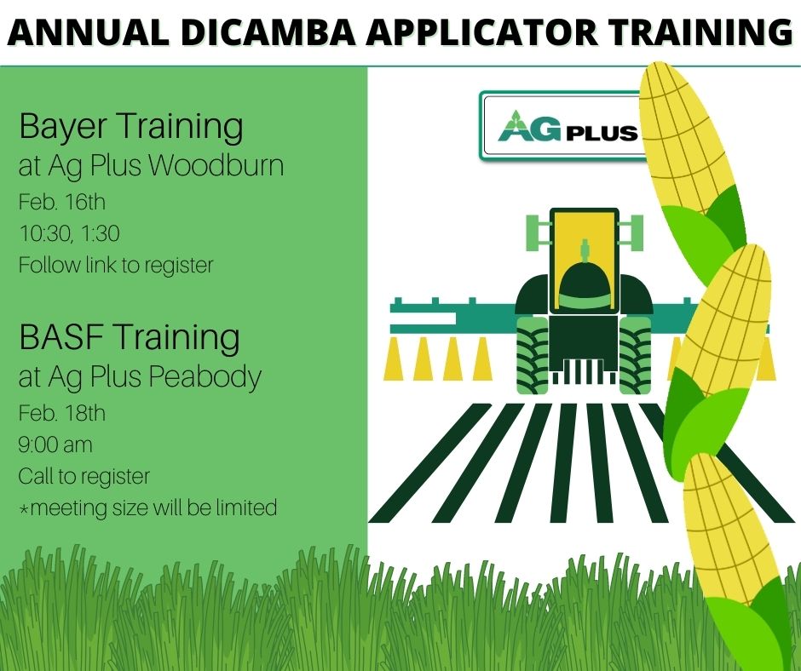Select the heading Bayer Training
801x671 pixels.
pyautogui.click(x=130, y=127)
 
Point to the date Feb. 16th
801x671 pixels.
pyautogui.click(x=61, y=204)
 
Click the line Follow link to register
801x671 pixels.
pyautogui.click(x=115, y=265)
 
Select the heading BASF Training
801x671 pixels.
pyautogui.click(x=129, y=337)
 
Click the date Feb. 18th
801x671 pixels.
pyautogui.click(x=62, y=414)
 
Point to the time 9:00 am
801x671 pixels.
pyautogui.click(x=55, y=444)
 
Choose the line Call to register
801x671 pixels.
pyautogui.click(x=84, y=475)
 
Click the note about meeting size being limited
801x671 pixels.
pyautogui.click(x=147, y=508)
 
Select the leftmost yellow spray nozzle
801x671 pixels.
pyautogui.click(x=393, y=359)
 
